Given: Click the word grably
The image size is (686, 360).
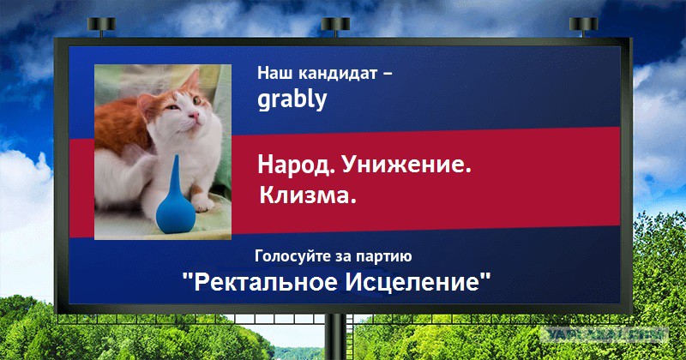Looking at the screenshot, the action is [292, 100].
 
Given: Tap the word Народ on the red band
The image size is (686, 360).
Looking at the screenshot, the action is [296, 165].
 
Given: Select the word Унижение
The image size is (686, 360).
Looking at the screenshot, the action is [406, 164].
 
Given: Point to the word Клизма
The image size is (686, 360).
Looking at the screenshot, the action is [308, 195].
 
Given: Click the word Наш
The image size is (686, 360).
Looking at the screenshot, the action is [275, 73].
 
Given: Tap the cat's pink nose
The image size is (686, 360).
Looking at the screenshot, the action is [195, 116].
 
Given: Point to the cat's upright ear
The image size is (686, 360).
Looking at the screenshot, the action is [191, 80].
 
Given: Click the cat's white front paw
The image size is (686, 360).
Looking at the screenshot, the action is [202, 202].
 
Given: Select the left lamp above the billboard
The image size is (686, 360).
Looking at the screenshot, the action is [101, 26].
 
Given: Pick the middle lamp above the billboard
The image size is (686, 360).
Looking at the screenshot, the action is [335, 26].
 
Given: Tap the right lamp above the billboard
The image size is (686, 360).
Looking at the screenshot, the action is [584, 26].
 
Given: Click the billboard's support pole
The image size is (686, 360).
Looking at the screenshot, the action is [335, 337].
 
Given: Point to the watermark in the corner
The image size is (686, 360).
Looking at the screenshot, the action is [605, 335].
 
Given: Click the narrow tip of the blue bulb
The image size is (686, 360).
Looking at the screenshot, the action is [175, 157].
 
